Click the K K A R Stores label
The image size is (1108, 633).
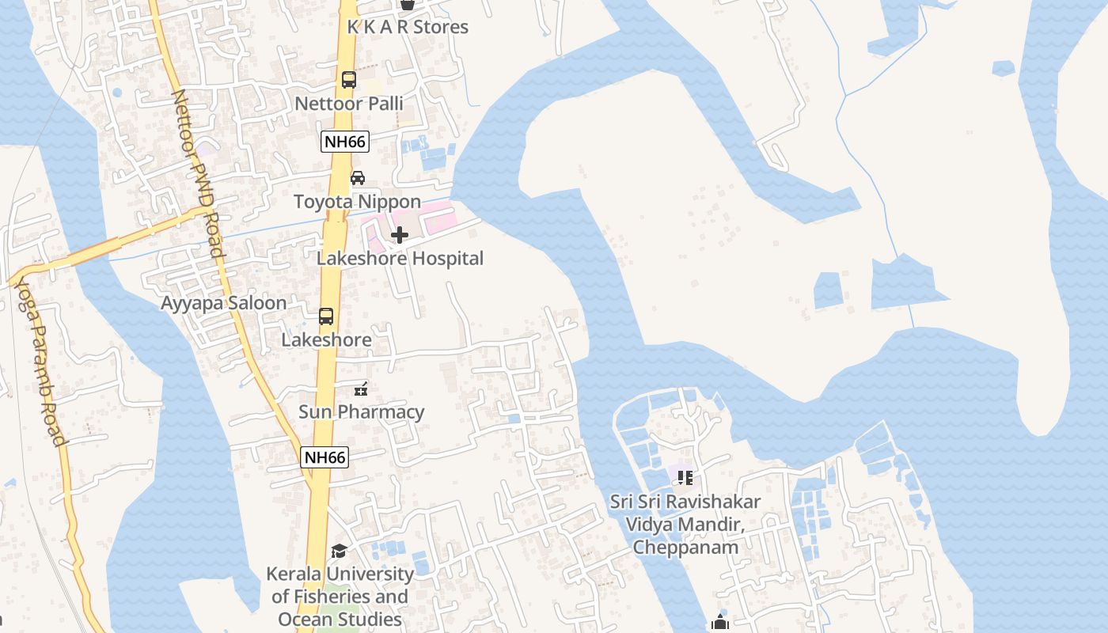tap(408, 27)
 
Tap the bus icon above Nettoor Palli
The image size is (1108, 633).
tap(349, 79)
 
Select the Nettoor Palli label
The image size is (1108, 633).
tap(349, 104)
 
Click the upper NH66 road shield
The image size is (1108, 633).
tap(345, 142)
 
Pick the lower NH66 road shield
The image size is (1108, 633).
tap(325, 457)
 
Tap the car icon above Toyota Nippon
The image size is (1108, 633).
tap(358, 177)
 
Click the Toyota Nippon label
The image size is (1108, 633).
tap(358, 202)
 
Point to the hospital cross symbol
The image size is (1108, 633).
tap(400, 235)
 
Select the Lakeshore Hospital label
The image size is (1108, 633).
tap(400, 259)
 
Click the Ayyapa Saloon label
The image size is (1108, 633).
tap(224, 303)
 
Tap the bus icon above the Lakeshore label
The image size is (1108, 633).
tap(326, 316)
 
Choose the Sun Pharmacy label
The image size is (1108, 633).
tap(361, 412)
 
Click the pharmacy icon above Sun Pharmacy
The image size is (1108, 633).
tap(361, 389)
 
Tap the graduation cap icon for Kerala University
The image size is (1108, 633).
tap(339, 551)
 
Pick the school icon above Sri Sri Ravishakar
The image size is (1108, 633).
tap(685, 478)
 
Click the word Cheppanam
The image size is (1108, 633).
tap(685, 548)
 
